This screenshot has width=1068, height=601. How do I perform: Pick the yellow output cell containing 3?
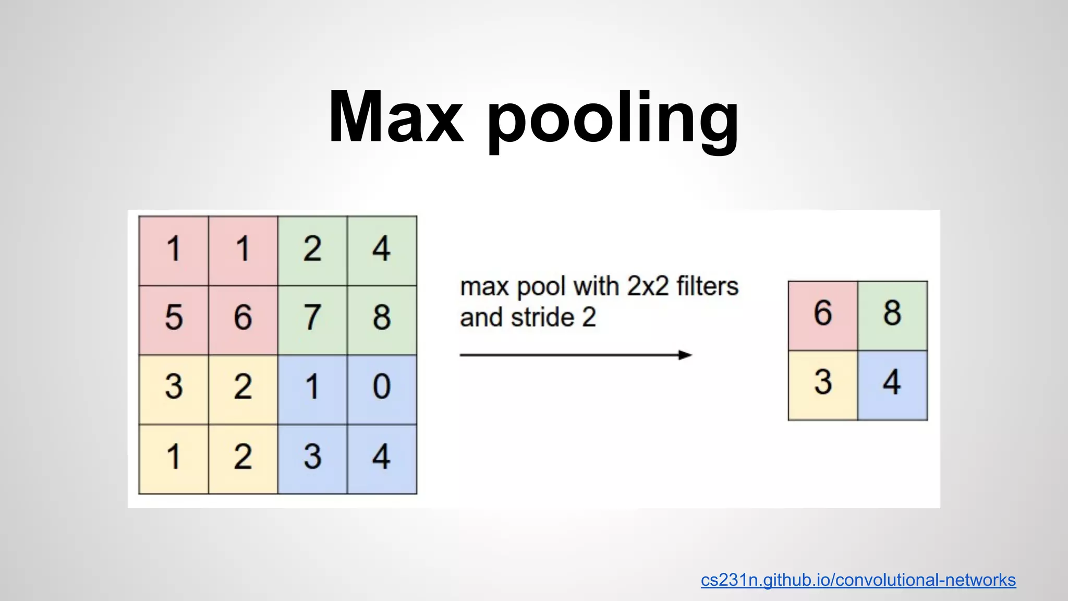coord(823,385)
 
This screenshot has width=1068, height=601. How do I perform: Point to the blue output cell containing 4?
coord(892,385)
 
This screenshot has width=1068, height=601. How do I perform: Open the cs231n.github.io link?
coord(858,580)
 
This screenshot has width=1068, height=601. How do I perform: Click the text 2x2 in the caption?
coord(648,286)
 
